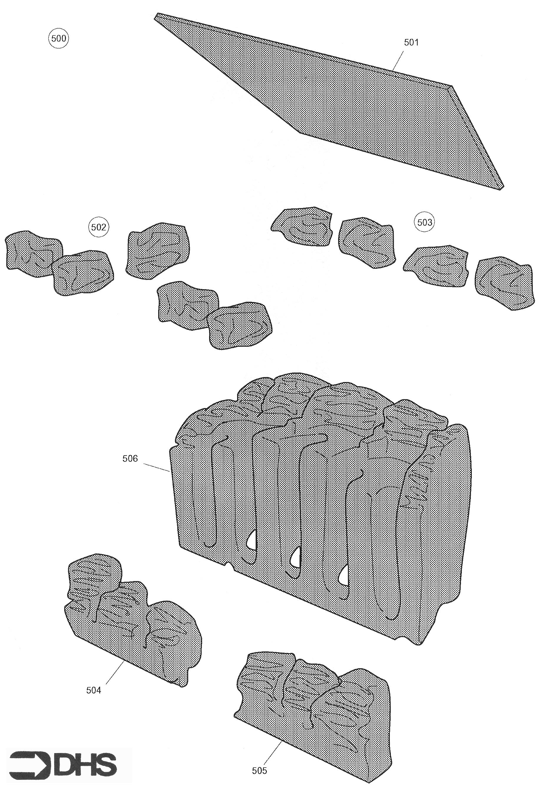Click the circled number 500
59,39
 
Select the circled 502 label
98,227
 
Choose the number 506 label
130,458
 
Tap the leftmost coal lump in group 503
302,226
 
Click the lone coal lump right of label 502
158,249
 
